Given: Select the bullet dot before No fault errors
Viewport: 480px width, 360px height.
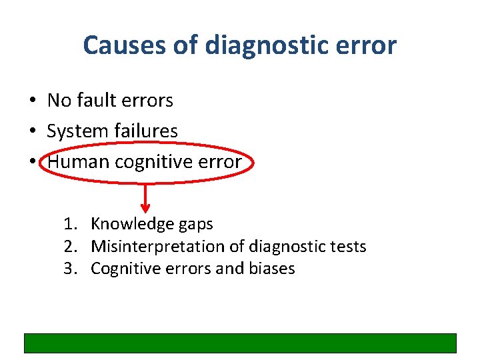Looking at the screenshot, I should pos(32,101).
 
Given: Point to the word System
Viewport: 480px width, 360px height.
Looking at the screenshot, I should pos(75,131).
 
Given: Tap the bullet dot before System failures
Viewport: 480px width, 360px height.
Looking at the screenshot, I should pos(32,131).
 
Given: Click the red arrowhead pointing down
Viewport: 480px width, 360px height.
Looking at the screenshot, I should pos(146,209).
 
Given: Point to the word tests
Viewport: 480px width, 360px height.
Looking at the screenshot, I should pos(349,247).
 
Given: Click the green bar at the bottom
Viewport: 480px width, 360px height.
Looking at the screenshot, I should pos(240,343).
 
